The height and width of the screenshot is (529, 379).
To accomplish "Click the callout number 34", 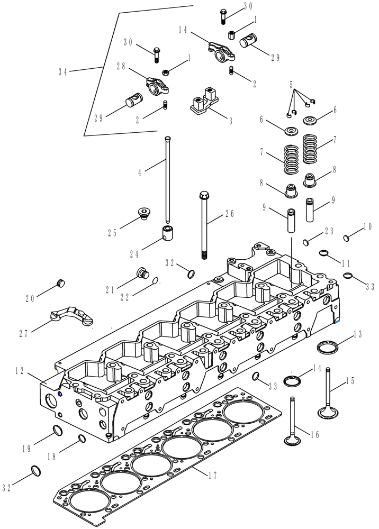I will [62, 72].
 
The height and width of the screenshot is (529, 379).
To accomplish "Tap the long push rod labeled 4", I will [167, 180].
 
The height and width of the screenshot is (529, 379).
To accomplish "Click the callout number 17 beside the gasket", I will [212, 476].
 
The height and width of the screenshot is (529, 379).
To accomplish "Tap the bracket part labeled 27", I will [70, 314].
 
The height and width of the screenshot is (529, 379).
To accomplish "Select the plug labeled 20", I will [60, 283].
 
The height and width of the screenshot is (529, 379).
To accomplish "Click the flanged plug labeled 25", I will [143, 213].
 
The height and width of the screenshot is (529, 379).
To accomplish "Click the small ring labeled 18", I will [82, 438].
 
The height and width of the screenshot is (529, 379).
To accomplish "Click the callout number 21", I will [110, 289].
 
